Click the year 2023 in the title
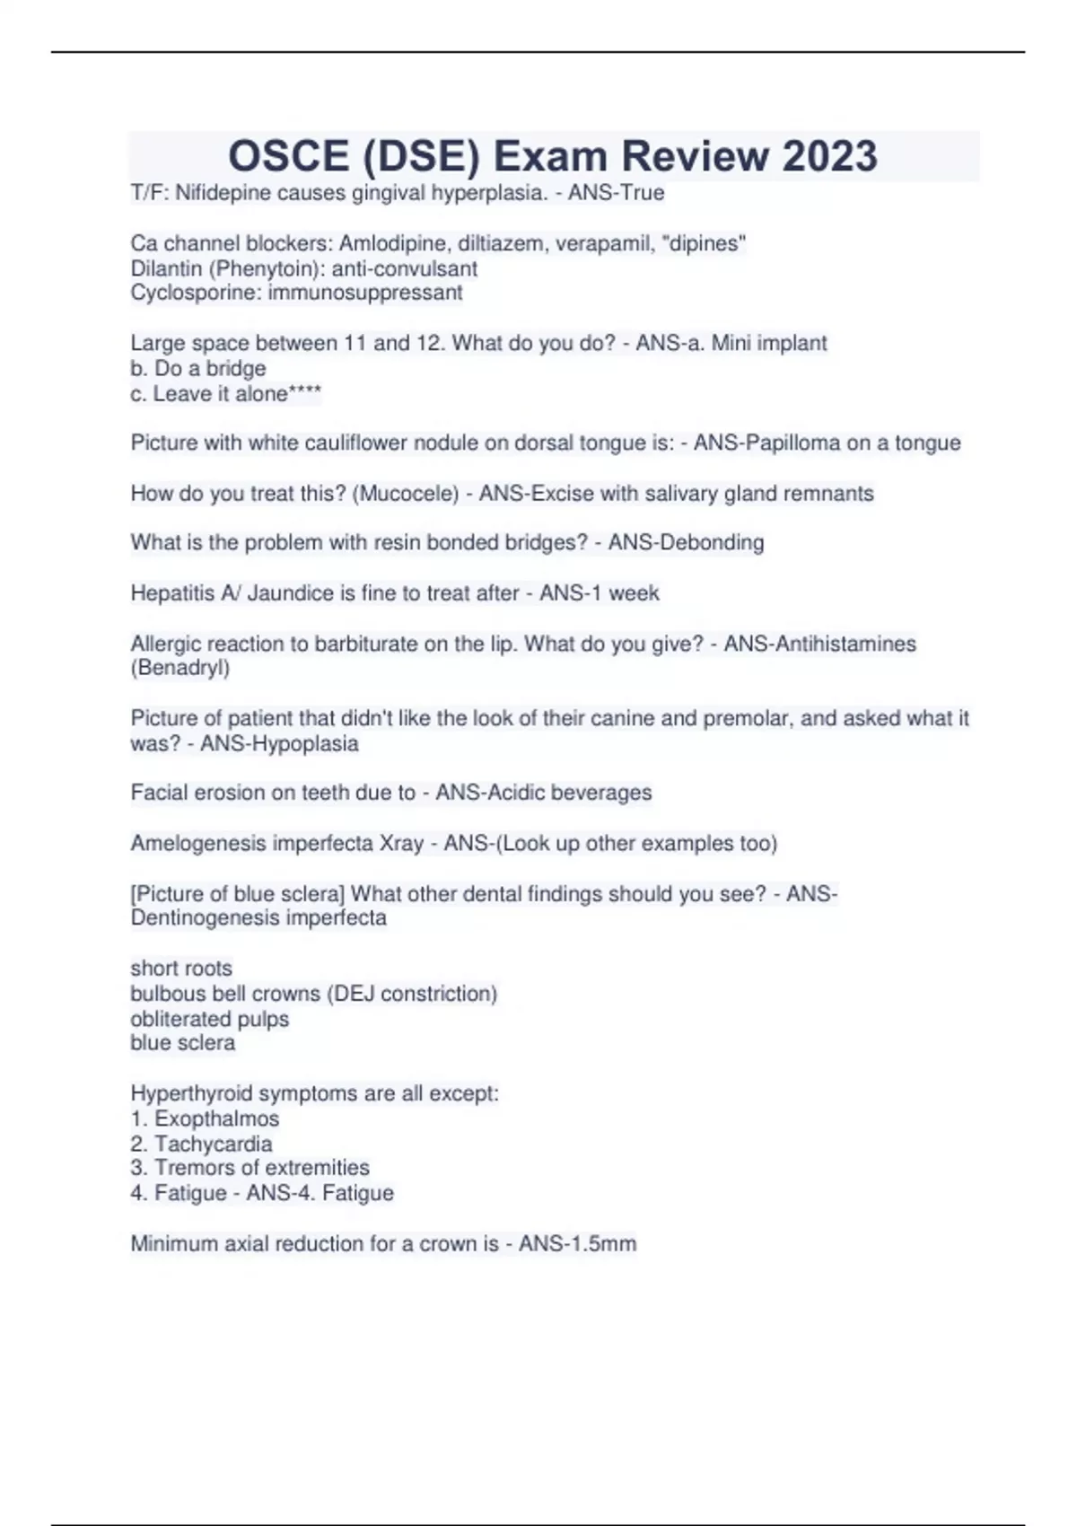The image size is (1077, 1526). click(x=829, y=156)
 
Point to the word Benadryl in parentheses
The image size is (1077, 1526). click(x=179, y=668)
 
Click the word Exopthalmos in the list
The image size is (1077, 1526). click(x=216, y=1118)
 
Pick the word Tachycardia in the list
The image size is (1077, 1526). click(x=213, y=1144)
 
